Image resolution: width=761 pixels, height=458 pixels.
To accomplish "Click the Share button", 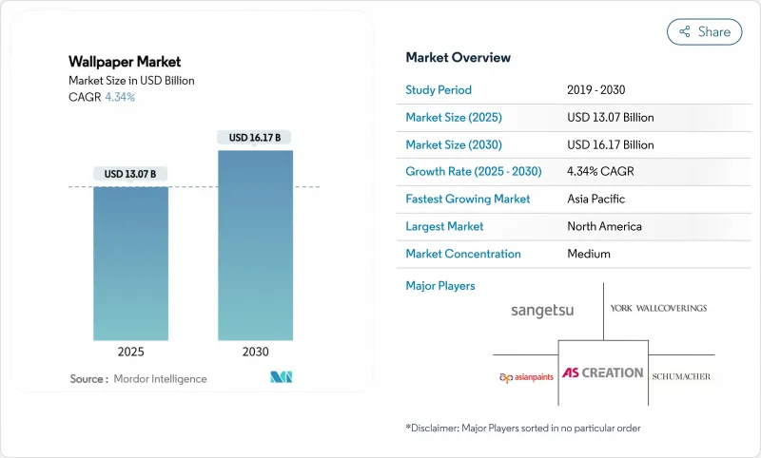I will [x=704, y=31].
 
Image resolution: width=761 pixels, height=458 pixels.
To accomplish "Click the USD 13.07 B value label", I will [x=130, y=174].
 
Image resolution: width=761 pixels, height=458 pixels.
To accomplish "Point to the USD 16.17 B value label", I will [x=255, y=138].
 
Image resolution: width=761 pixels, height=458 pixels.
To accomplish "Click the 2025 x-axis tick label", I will [x=130, y=352].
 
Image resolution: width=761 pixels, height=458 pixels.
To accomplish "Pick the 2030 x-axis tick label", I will [x=255, y=352].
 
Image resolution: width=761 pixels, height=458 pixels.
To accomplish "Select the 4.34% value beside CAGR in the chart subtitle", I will [x=120, y=97].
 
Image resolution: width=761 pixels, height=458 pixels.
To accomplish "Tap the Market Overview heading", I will [x=458, y=58].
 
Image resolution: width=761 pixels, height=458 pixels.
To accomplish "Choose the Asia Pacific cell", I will [x=596, y=200].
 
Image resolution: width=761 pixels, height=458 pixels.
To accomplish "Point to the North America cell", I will [x=603, y=226].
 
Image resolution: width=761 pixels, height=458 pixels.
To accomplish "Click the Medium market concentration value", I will [x=588, y=254].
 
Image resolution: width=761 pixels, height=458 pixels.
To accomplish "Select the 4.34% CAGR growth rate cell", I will [x=601, y=172].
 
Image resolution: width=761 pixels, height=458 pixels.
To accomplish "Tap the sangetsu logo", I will [x=542, y=311].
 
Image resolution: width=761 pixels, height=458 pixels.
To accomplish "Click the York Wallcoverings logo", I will [x=659, y=308].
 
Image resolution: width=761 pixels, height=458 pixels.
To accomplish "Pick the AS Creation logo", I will [x=602, y=373].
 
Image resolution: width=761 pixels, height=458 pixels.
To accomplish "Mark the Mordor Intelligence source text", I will [x=160, y=379].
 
